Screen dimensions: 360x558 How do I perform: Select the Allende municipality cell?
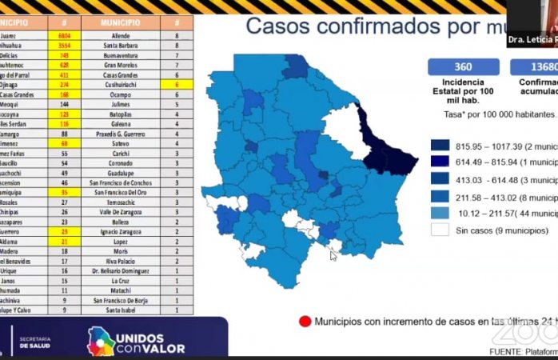121,36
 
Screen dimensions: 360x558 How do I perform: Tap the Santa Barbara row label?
121,46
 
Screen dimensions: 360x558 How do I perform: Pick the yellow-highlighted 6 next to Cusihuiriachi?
176,83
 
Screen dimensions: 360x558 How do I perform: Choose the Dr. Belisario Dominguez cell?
121,271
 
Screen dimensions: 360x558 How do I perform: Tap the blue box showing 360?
463,67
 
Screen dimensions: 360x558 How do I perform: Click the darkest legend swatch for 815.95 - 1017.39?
440,146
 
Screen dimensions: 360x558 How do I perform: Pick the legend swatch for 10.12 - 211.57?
440,214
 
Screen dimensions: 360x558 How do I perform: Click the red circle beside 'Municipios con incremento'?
304,322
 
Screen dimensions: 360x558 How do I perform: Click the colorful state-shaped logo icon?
101,342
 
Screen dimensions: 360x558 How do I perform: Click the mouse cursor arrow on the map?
333,255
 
